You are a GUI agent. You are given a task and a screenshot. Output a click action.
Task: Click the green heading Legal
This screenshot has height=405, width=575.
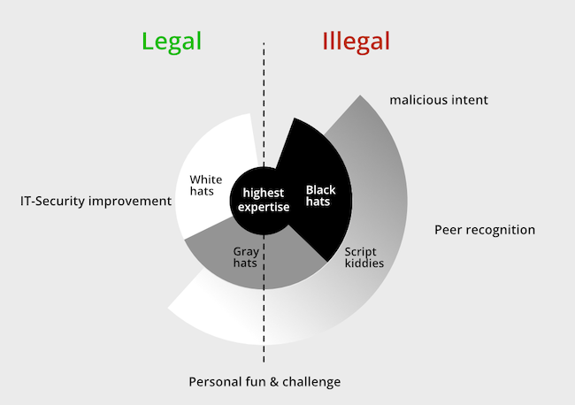pos(172,41)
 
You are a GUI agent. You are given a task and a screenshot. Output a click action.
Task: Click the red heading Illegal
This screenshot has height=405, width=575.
pos(356,41)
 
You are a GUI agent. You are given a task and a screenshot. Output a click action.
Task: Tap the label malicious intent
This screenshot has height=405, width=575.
pos(439,100)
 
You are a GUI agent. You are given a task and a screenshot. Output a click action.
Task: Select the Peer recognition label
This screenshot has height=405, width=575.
pos(485,230)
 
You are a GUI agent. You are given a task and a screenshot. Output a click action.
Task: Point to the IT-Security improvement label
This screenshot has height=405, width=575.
pos(96,201)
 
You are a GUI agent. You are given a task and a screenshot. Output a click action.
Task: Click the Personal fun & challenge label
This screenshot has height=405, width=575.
pos(264,382)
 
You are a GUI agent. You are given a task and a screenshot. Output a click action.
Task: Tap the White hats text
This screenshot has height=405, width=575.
pos(206,186)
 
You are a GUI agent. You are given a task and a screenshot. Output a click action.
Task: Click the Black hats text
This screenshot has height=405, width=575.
pos(321,195)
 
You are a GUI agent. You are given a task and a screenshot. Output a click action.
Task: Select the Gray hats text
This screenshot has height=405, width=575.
pos(246,257)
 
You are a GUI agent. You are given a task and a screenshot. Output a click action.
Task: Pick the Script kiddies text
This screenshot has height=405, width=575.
pos(364,256)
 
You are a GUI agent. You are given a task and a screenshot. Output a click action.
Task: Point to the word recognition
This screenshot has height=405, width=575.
pos(501,230)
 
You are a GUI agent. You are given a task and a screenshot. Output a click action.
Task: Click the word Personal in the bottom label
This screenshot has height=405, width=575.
pos(213,382)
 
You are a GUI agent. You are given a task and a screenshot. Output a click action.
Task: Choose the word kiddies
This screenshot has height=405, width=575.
pos(364,263)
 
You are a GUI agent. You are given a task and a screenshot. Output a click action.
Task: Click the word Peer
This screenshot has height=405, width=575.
pos(448,230)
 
